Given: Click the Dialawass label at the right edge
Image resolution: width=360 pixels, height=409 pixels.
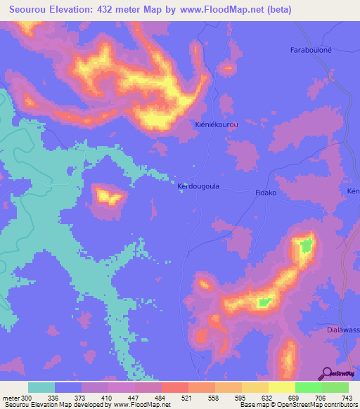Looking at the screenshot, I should click(x=344, y=329).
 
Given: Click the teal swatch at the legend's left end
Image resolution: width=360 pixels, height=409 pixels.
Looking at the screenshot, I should click(x=41, y=387).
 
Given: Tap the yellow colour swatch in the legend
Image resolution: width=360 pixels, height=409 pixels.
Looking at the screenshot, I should click(x=281, y=387).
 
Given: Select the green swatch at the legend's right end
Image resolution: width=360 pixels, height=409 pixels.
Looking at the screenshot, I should click(x=335, y=387).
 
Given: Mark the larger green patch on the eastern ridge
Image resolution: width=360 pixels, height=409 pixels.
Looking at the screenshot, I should click(x=306, y=246).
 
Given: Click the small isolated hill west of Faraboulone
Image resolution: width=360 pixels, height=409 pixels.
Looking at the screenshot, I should click(x=227, y=68).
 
